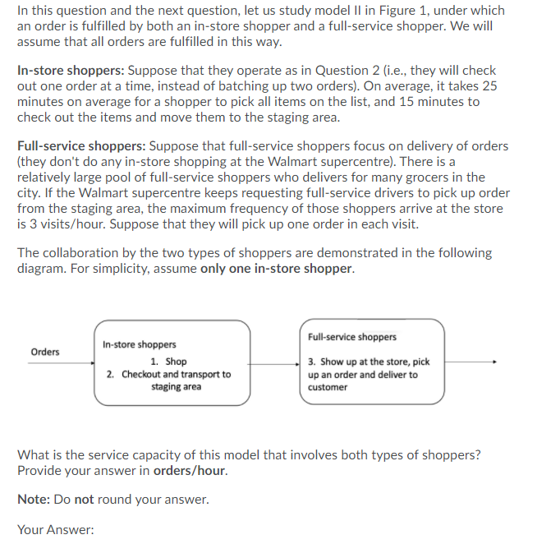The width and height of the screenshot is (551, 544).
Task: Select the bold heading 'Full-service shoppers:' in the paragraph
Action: point(79,146)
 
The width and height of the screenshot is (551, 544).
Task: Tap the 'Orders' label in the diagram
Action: point(45,352)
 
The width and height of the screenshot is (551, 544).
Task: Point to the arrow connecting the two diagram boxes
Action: point(275,362)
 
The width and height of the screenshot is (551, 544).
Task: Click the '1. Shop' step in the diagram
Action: point(169,362)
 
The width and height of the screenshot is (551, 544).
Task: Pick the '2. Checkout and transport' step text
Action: point(168,374)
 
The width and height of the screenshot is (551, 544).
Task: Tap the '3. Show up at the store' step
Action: point(369,362)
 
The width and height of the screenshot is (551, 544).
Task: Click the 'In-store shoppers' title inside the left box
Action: point(139,344)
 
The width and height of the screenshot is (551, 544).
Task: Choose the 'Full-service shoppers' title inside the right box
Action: point(352,337)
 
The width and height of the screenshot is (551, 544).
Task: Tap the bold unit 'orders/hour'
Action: point(189,471)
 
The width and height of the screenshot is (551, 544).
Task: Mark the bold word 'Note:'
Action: point(34,500)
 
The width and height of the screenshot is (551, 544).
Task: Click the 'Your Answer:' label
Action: point(56,529)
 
